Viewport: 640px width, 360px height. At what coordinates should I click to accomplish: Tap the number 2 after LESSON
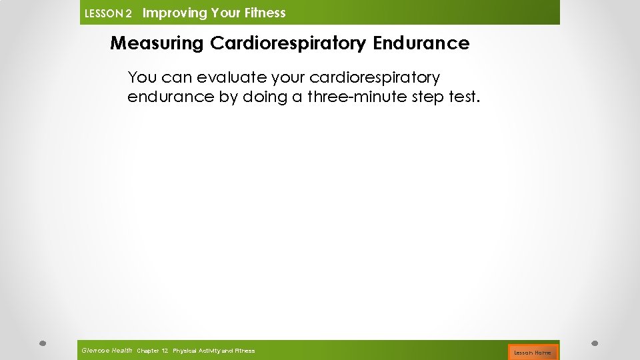click(x=129, y=13)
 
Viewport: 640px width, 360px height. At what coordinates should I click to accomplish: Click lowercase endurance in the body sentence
click(x=171, y=97)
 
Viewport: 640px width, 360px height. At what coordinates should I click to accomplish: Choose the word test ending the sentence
click(x=464, y=97)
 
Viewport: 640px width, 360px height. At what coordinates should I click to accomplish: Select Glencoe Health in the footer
click(x=107, y=351)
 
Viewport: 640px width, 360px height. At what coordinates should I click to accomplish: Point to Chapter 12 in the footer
click(x=152, y=351)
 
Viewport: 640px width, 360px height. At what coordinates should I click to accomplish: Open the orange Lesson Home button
click(x=533, y=352)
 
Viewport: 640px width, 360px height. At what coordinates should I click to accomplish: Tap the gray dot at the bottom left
click(x=41, y=344)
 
